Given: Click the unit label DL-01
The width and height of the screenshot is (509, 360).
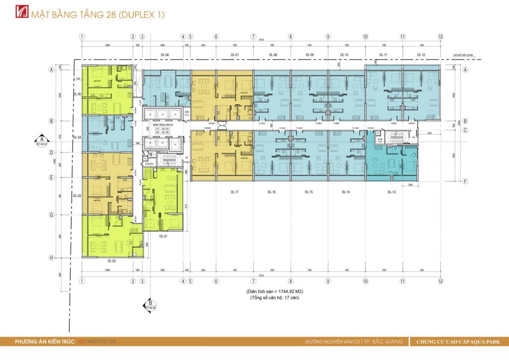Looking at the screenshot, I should [163, 237].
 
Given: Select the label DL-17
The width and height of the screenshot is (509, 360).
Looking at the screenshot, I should [235, 191].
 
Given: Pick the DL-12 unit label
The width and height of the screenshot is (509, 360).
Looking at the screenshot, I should [421, 54].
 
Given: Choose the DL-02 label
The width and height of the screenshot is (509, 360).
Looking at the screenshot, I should [111, 260].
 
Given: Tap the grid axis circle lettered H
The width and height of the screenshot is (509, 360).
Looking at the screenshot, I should [51, 258].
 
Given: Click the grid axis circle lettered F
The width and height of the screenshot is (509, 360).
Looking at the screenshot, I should [465, 181].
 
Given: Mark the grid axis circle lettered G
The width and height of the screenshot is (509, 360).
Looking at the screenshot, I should [51, 215].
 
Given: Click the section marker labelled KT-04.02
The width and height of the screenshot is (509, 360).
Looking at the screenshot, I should [150, 304].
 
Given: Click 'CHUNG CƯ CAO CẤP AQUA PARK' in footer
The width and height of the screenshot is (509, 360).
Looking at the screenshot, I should [458, 342].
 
